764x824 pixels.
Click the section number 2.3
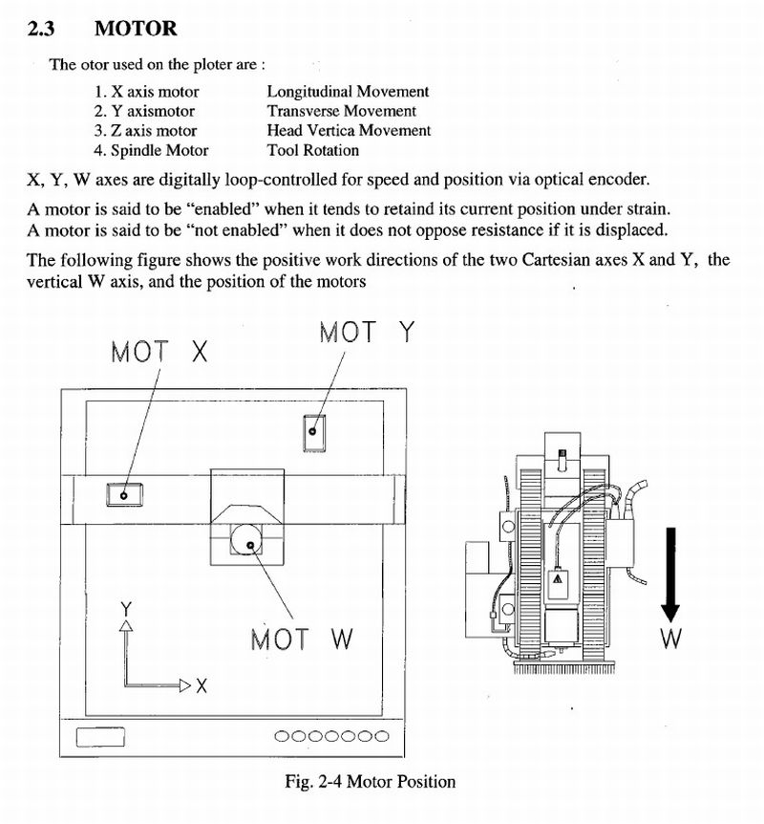41,29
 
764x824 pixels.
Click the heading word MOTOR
136,29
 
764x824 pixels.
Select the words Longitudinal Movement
348,92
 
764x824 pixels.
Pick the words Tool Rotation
313,150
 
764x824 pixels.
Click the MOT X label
159,352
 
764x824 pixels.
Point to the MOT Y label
367,332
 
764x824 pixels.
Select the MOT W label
302,639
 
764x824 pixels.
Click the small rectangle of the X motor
124,495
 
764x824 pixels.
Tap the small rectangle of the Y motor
314,432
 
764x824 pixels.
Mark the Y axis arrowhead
126,625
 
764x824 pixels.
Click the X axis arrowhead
185,685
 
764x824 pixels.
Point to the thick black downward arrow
670,575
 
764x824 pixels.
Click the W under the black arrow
671,638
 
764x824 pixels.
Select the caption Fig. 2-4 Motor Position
371,781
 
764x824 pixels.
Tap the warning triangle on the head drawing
557,578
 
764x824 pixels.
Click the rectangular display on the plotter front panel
101,737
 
